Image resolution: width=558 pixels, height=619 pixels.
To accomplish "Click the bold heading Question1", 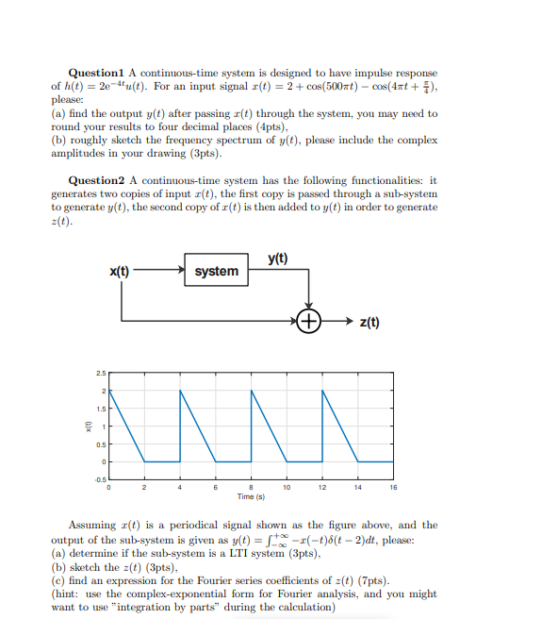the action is coord(96,74).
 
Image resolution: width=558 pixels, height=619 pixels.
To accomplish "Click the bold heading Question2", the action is coord(96,180).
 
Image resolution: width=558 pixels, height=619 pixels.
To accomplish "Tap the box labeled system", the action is coord(216,271).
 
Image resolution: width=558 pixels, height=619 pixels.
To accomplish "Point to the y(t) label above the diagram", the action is coord(278,258).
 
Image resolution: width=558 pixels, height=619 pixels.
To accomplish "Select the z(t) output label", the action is coord(369,323).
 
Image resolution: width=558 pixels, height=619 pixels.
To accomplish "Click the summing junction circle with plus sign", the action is coord(309,322).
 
